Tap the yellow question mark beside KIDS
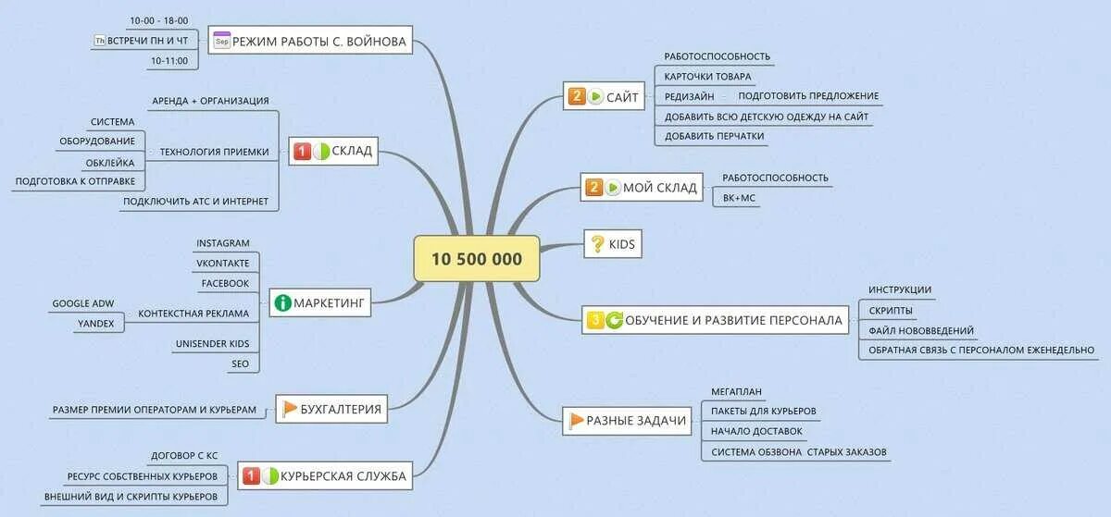click(x=597, y=244)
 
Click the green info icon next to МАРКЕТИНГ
click(x=282, y=302)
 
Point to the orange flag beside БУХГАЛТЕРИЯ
click(x=289, y=408)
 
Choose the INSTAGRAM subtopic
click(x=222, y=243)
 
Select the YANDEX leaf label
click(x=96, y=323)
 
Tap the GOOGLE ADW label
click(x=84, y=302)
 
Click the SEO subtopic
click(x=239, y=363)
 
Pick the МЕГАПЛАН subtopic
click(x=736, y=391)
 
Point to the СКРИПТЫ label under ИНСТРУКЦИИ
click(x=891, y=310)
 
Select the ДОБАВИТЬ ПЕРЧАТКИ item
click(x=715, y=136)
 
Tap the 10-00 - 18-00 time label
click(x=160, y=20)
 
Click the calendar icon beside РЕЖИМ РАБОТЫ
click(x=221, y=41)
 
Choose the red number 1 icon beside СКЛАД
click(x=302, y=152)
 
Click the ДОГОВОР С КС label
click(x=184, y=456)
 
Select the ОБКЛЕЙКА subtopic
click(x=110, y=162)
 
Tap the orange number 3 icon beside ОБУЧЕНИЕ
click(x=595, y=320)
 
